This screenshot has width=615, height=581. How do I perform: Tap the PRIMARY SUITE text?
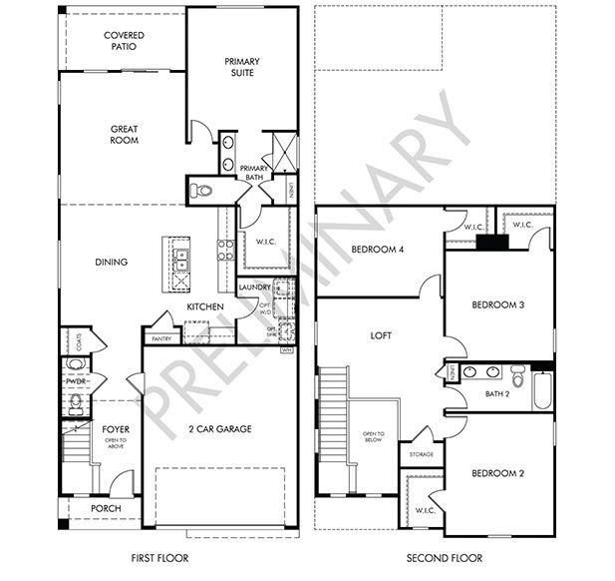pyautogui.click(x=241, y=66)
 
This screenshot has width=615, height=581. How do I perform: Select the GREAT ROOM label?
pyautogui.click(x=125, y=134)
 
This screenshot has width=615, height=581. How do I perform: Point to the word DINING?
pyautogui.click(x=112, y=263)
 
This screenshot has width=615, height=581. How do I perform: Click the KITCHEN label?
pyautogui.click(x=205, y=307)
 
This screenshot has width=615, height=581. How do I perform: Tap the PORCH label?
pyautogui.click(x=106, y=508)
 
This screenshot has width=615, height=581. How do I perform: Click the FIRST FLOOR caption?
pyautogui.click(x=159, y=558)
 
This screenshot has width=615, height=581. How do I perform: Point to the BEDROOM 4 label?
pyautogui.click(x=377, y=249)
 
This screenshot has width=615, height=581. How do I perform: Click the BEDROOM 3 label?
pyautogui.click(x=498, y=304)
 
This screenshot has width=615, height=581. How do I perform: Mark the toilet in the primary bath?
pyautogui.click(x=202, y=190)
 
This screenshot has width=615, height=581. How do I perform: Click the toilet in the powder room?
pyautogui.click(x=76, y=402)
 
